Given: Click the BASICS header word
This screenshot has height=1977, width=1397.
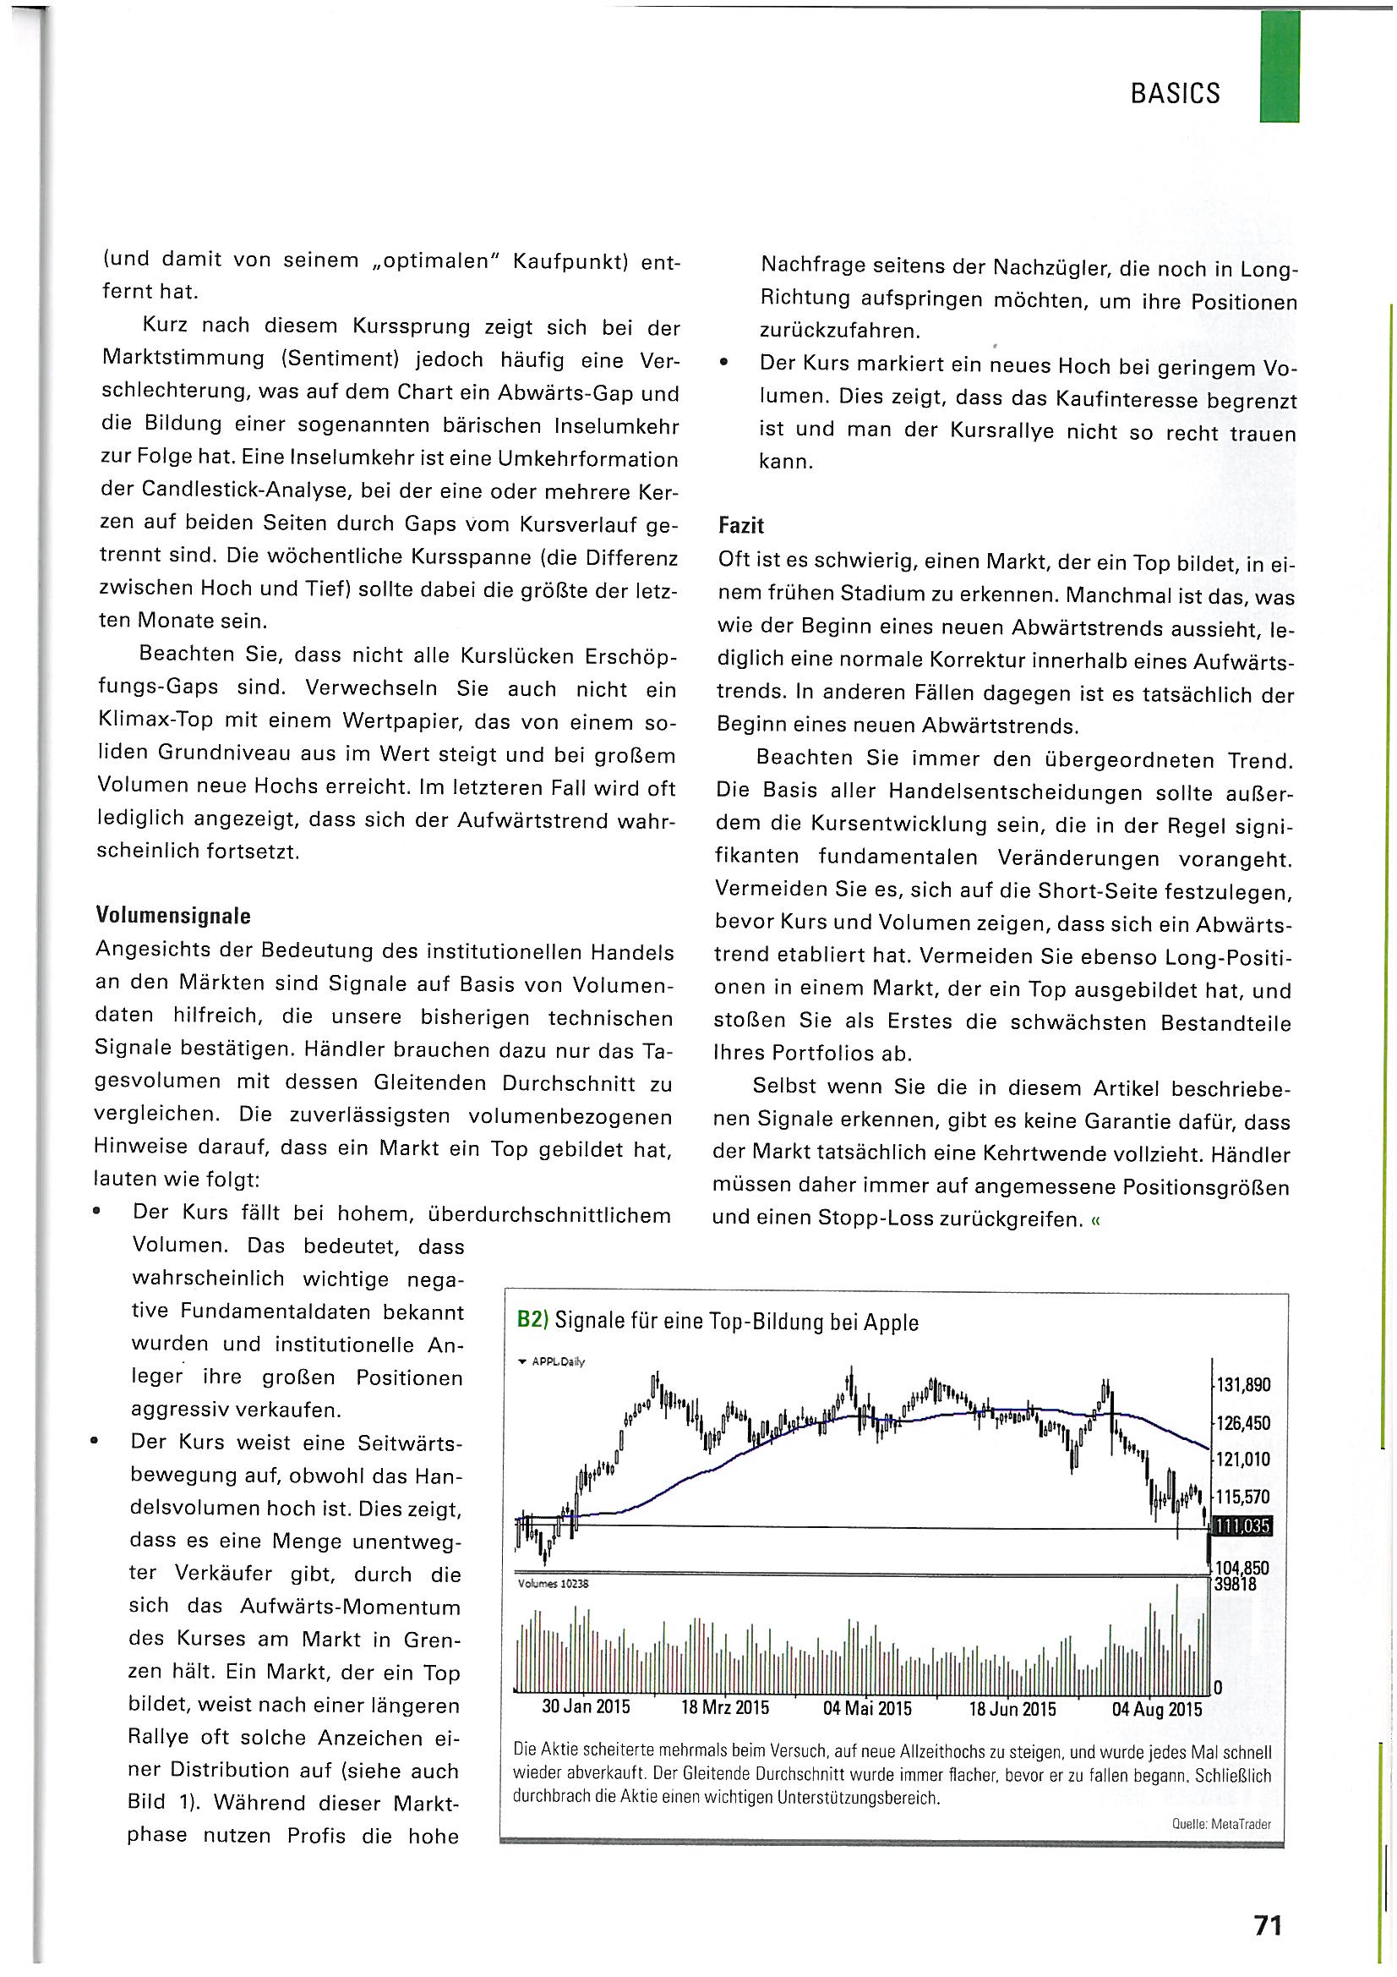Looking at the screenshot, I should pos(1174,93).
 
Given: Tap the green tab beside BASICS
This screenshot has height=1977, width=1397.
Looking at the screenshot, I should pos(1278,66).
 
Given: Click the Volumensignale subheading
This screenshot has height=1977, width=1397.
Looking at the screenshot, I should pos(173,915).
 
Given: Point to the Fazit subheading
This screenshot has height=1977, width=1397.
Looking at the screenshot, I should pos(741,525).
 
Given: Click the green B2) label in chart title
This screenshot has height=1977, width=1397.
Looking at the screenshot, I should pos(532,1321).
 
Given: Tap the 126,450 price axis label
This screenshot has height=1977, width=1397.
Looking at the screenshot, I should pos(1243,1422).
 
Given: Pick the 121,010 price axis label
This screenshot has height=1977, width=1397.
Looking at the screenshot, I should pos(1243,1459).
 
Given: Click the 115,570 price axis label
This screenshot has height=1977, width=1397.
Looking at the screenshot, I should pos(1243,1497).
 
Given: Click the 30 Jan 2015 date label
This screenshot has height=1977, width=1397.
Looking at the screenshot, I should pos(586,1707).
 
